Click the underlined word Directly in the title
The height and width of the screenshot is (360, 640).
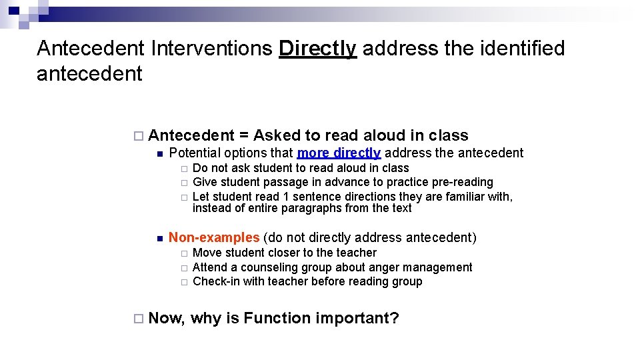coord(317,49)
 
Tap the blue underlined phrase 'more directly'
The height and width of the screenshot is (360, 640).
coord(339,153)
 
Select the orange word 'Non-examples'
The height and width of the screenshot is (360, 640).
coord(214,237)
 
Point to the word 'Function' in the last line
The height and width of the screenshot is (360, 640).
coord(275,318)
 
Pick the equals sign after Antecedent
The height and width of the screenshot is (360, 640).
coord(243,136)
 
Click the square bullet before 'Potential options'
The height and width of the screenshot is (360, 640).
coord(159,154)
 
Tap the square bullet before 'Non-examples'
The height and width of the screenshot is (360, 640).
coord(159,239)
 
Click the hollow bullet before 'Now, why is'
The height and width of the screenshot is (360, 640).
coord(137,319)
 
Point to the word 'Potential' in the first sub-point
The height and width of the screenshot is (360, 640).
coord(194,153)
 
